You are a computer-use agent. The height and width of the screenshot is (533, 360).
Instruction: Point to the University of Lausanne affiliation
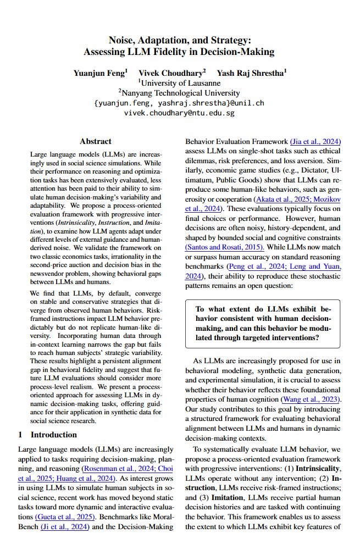pyautogui.click(x=180, y=83)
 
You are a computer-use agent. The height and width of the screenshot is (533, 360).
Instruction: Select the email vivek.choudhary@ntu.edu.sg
pyautogui.click(x=179, y=113)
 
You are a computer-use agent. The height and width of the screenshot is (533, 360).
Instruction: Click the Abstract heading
pyautogui.click(x=96, y=141)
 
